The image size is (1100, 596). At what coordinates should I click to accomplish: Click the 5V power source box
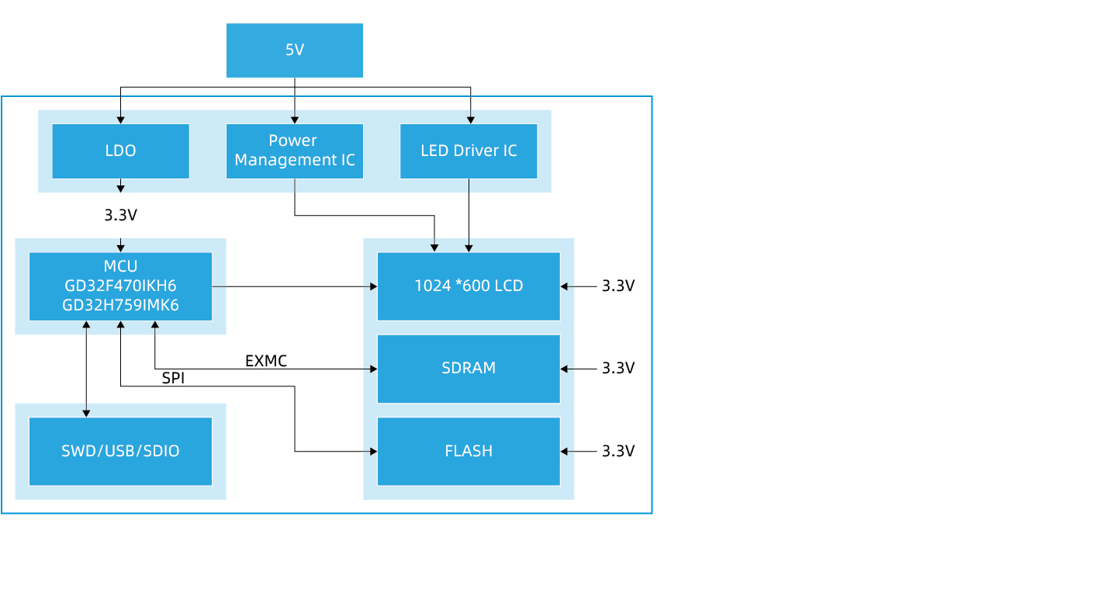tap(294, 50)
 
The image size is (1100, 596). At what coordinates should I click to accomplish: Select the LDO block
tap(120, 151)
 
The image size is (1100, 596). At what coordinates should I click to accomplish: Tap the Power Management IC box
tap(294, 151)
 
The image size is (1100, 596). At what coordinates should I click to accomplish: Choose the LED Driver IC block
tap(469, 151)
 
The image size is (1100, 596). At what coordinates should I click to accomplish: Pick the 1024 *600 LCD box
tap(469, 286)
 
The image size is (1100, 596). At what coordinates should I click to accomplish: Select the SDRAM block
tap(469, 369)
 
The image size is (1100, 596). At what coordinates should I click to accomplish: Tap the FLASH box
tap(469, 451)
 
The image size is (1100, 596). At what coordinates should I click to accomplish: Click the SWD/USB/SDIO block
tap(120, 451)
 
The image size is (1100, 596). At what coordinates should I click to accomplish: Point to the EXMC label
tap(266, 361)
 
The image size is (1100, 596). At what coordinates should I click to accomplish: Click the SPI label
tap(173, 379)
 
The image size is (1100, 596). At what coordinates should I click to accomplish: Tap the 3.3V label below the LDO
tap(120, 215)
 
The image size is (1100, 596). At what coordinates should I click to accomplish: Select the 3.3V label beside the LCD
tap(618, 286)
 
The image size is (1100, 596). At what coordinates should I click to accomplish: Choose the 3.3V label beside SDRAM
tap(618, 369)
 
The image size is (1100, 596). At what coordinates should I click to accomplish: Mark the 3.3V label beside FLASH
tap(618, 451)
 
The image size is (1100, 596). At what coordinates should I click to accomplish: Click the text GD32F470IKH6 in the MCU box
tap(120, 286)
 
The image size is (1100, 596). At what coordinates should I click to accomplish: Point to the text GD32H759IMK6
tap(120, 305)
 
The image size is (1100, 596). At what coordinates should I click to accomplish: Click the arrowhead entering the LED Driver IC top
tap(469, 120)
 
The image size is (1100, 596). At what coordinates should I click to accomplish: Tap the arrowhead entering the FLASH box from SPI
tap(373, 451)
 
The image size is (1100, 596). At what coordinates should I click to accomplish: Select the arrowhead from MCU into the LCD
tap(373, 286)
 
